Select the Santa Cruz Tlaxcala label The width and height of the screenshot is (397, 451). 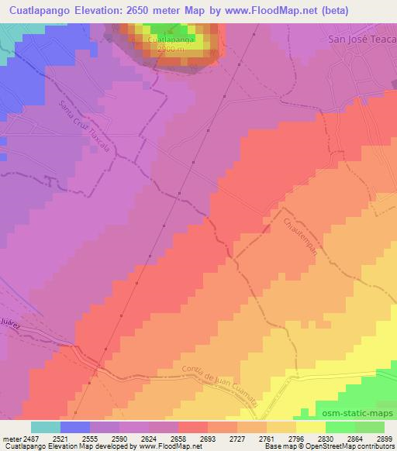coord(86,127)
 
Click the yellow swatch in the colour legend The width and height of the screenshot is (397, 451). coord(310,427)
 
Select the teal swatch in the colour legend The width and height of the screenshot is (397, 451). coord(46,427)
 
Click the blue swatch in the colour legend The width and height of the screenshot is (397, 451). coord(75,427)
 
